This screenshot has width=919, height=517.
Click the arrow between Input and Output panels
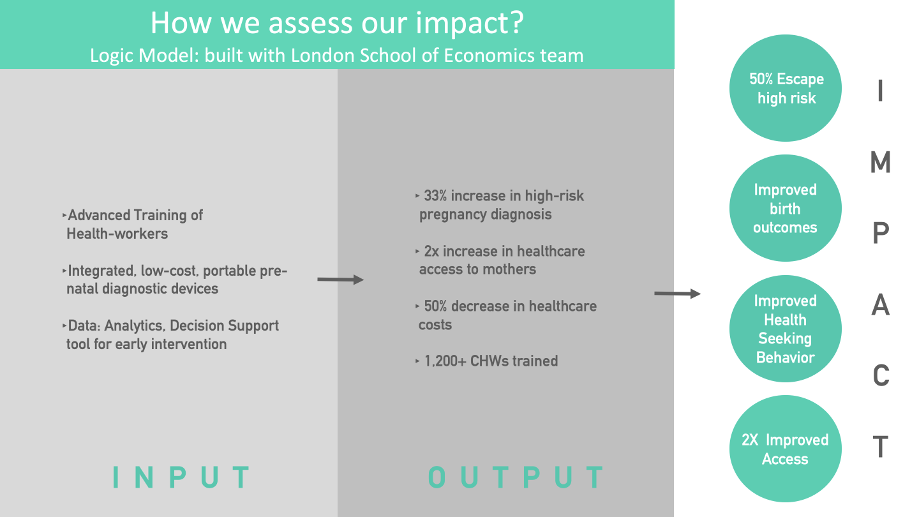pyautogui.click(x=341, y=280)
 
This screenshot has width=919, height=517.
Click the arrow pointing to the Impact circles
pyautogui.click(x=677, y=294)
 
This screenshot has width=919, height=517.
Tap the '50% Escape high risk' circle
pyautogui.click(x=786, y=88)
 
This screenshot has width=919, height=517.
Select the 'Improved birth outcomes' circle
pyautogui.click(x=786, y=208)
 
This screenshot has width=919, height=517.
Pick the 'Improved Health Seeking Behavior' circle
pyautogui.click(x=786, y=329)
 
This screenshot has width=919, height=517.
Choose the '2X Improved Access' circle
pyautogui.click(x=786, y=449)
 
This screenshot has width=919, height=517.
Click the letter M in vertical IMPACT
pyautogui.click(x=881, y=162)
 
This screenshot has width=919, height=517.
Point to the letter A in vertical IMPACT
pyautogui.click(x=881, y=305)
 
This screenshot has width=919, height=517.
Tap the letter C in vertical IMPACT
pyautogui.click(x=881, y=375)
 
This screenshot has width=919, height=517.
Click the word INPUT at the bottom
pyautogui.click(x=181, y=477)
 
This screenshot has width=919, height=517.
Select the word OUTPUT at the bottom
pyautogui.click(x=515, y=477)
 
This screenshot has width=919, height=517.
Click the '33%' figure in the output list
pyautogui.click(x=435, y=196)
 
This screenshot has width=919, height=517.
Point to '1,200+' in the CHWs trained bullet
pyautogui.click(x=445, y=361)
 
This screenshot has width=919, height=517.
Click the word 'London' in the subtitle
pyautogui.click(x=322, y=56)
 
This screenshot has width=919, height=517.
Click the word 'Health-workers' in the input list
pyautogui.click(x=117, y=234)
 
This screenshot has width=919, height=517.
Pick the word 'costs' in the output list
pyautogui.click(x=435, y=324)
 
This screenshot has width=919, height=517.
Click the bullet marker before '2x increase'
pyautogui.click(x=417, y=251)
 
